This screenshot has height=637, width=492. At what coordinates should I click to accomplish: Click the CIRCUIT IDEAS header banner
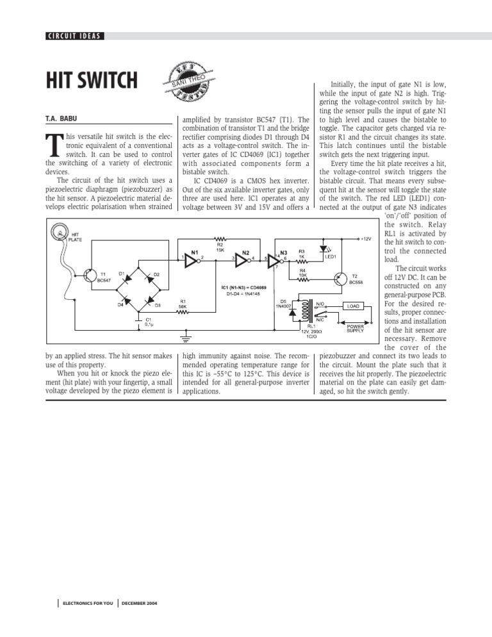click(x=74, y=35)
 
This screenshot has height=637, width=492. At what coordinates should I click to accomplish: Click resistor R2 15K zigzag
click(x=220, y=238)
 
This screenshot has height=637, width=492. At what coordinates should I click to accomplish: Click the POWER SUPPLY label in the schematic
click(x=356, y=327)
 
